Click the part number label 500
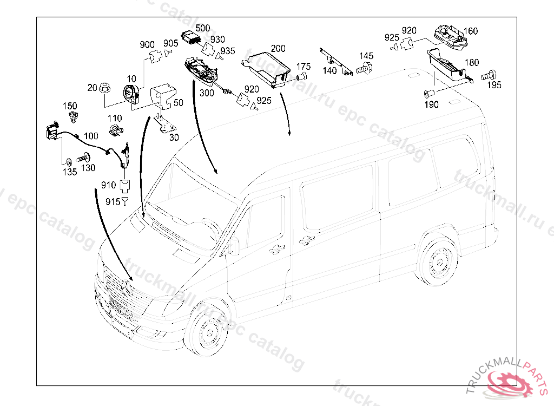[202, 28]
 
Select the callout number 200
[278, 48]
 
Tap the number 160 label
[471, 31]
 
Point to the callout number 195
[494, 85]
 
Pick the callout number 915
[112, 202]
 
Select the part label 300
[207, 93]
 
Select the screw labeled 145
[364, 68]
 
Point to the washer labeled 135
[69, 161]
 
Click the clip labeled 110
[115, 130]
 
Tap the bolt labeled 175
[301, 78]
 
